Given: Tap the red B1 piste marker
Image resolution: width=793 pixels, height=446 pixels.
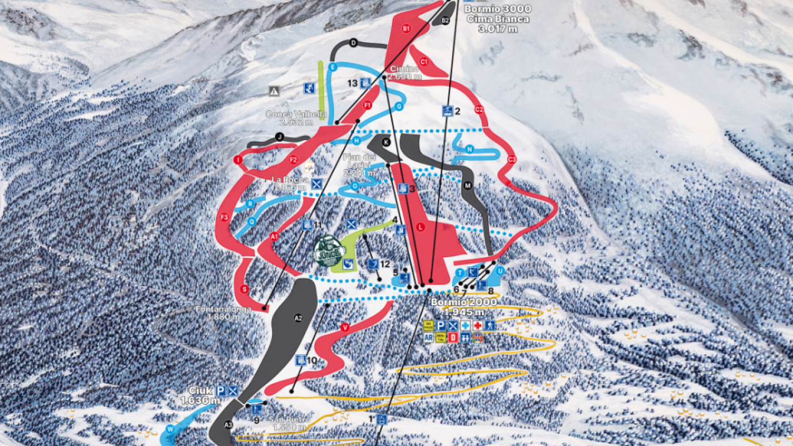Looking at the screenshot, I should (406, 28).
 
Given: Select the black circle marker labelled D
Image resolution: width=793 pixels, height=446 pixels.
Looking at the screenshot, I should (354, 43).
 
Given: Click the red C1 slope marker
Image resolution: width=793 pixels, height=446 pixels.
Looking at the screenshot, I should (424, 61).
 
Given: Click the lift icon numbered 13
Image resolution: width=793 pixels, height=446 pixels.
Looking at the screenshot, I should (366, 82).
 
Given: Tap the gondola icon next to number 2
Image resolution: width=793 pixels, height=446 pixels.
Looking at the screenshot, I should (447, 111).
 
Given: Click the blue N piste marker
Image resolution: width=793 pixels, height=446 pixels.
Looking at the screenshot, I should (470, 149).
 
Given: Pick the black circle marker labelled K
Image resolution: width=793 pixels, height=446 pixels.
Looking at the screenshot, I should (387, 142).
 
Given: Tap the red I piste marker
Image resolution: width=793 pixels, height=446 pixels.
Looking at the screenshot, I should (237, 160).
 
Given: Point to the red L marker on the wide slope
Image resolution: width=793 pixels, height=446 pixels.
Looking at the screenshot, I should (421, 227).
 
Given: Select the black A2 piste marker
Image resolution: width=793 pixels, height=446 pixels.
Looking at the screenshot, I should (298, 318).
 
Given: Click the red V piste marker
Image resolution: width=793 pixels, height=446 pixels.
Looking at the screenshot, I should (345, 327).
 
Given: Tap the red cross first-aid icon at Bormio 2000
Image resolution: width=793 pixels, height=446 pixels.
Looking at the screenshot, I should (478, 325).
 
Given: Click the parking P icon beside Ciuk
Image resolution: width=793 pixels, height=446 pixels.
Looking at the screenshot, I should (221, 390).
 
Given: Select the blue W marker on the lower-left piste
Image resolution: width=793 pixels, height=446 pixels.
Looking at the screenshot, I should (170, 429).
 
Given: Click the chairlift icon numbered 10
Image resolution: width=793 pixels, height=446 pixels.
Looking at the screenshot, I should (301, 359).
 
